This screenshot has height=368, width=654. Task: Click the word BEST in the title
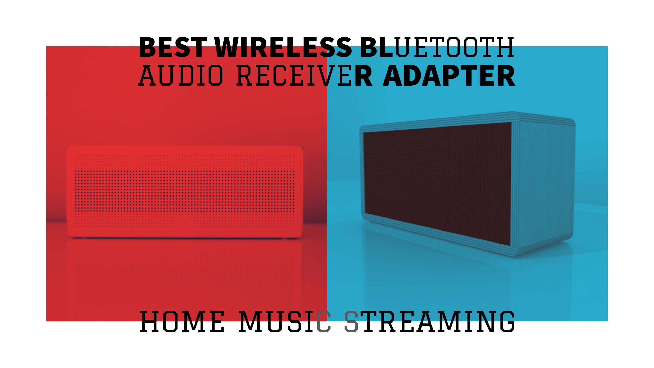point(173,47)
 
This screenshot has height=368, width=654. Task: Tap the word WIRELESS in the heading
point(283,47)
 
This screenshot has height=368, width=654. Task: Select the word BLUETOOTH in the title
point(437,47)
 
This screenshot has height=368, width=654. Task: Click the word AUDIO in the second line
point(180,75)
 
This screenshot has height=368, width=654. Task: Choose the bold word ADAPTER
point(449,75)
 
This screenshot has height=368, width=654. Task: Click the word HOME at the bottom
point(182,321)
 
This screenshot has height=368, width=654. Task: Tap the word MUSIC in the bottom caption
point(285,321)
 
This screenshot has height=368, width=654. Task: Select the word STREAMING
point(429,321)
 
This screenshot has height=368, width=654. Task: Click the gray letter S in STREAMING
point(351,321)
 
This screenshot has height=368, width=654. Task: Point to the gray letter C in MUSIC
point(324,321)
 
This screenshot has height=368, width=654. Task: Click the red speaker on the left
point(185,192)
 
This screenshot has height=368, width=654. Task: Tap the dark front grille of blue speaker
point(437,183)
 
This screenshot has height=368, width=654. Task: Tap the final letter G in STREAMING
point(507,321)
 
